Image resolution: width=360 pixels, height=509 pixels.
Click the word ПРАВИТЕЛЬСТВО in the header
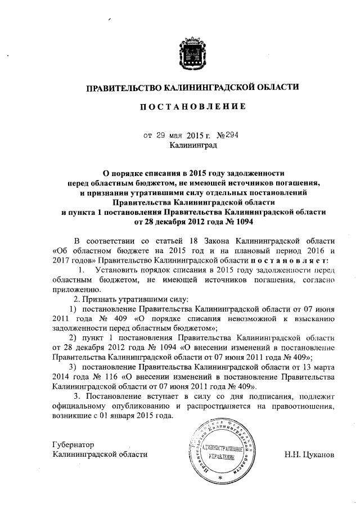[x=122, y=87]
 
